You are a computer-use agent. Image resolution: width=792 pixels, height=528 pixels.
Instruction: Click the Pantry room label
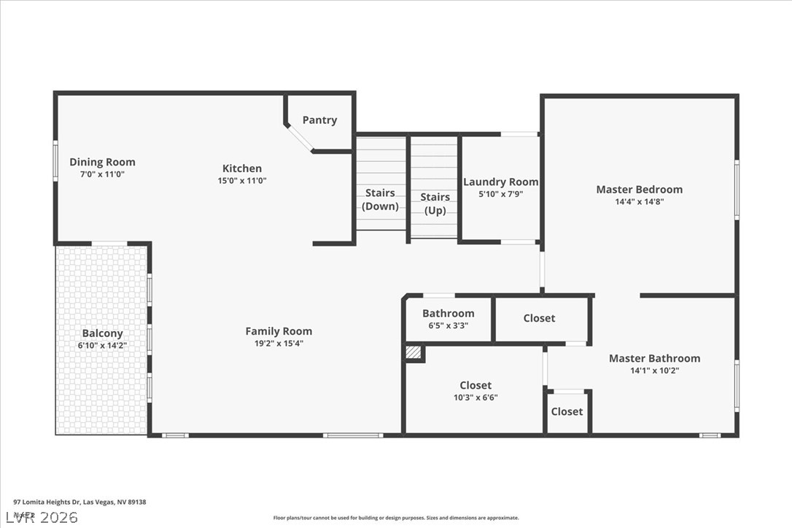click(x=319, y=120)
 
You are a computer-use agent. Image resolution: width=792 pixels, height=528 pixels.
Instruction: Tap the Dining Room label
click(x=102, y=162)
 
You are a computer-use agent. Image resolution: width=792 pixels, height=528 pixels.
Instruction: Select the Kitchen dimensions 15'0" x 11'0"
click(x=242, y=180)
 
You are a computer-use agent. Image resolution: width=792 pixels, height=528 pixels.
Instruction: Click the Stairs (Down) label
click(x=380, y=199)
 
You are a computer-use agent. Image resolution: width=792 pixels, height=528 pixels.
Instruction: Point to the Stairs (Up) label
click(x=435, y=203)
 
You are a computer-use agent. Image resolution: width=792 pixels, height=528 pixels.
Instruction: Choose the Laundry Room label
click(x=500, y=182)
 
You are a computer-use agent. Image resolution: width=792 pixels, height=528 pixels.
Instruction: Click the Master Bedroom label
click(x=639, y=190)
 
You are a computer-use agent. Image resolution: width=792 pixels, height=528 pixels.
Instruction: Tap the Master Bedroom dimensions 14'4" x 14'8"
click(x=639, y=201)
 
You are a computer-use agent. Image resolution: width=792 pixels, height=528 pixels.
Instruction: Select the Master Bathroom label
click(x=654, y=358)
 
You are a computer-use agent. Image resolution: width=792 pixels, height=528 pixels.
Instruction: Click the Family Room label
click(x=278, y=331)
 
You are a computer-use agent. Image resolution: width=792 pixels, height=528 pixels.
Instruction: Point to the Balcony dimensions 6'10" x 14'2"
click(x=102, y=346)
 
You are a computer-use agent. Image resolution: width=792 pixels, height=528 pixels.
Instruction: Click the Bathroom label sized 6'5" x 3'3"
click(x=448, y=314)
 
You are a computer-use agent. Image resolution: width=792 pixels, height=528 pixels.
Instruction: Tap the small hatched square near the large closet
click(x=414, y=353)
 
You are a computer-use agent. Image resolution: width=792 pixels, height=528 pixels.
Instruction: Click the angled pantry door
click(x=299, y=138)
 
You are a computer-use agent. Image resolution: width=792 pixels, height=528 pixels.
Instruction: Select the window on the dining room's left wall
click(x=55, y=160)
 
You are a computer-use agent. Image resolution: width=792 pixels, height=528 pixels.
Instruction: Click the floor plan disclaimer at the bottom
click(x=396, y=518)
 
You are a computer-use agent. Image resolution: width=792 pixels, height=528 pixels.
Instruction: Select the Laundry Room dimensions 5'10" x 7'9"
click(x=500, y=194)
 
